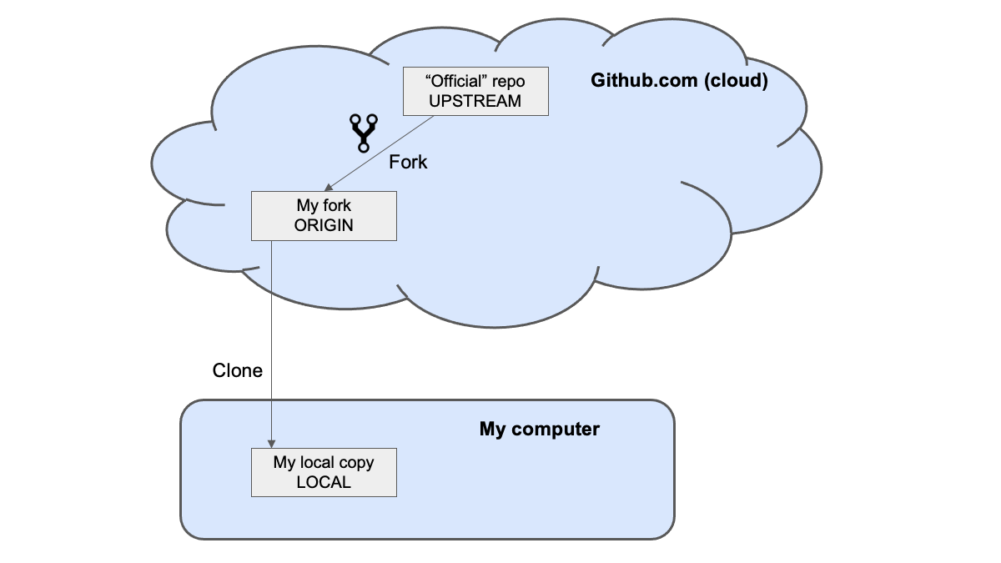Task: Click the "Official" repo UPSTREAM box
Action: [x=475, y=91]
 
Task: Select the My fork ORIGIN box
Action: [x=324, y=216]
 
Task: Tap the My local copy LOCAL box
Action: [x=324, y=472]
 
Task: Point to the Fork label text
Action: [x=408, y=162]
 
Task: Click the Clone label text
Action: [x=238, y=370]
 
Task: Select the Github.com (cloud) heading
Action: [x=679, y=81]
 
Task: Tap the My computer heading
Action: [x=539, y=430]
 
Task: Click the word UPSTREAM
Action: [x=475, y=101]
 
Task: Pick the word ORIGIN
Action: [x=324, y=225]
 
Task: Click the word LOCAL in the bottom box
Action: [x=324, y=482]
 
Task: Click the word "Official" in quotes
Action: [x=453, y=82]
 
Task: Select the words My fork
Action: [x=324, y=205]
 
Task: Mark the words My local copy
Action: [x=324, y=462]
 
